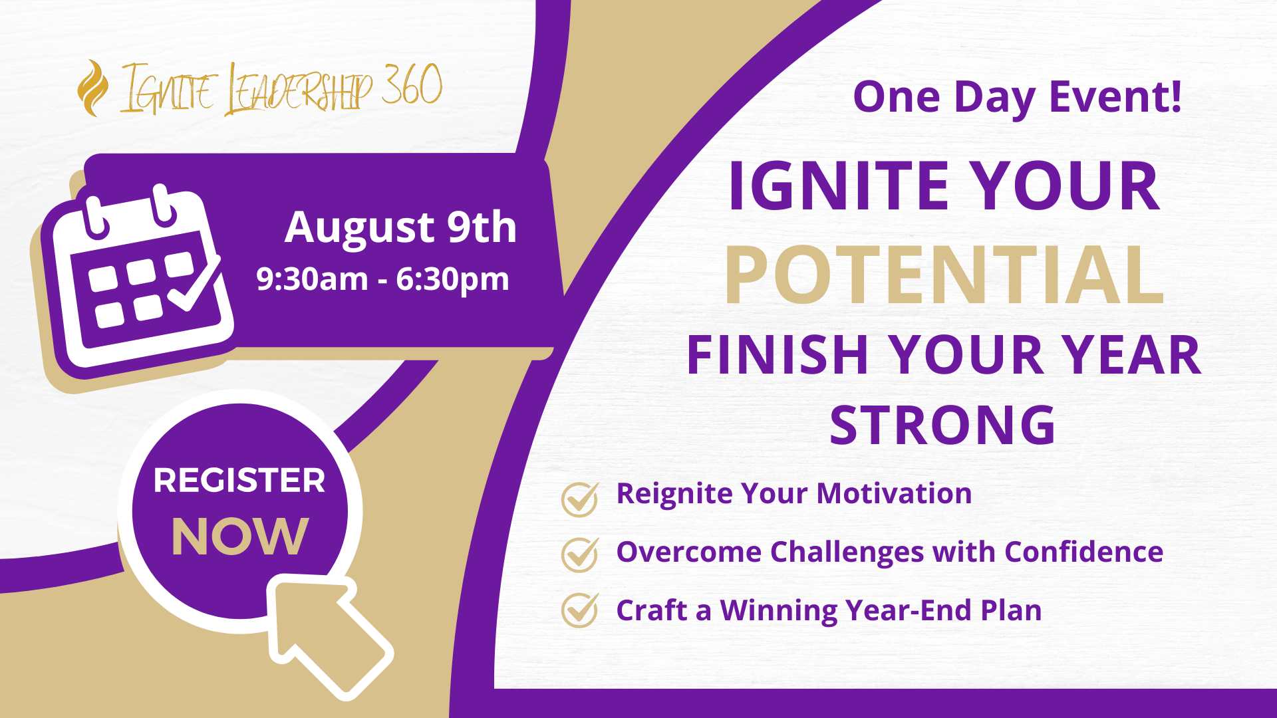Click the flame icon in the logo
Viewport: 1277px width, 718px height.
[x=92, y=88]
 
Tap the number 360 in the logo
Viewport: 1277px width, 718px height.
[x=412, y=85]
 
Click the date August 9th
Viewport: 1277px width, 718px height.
[x=400, y=227]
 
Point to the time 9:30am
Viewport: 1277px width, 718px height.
[x=312, y=279]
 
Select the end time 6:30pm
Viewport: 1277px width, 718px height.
[x=452, y=279]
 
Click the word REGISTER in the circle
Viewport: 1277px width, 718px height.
[x=239, y=480]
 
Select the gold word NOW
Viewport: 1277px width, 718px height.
[x=240, y=537]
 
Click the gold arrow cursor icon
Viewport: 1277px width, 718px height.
[x=326, y=632]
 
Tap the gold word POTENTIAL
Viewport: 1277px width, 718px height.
[x=944, y=275]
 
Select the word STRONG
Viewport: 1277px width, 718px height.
[x=942, y=425]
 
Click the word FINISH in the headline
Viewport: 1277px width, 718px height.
[x=778, y=356]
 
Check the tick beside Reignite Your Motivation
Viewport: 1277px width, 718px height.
[x=580, y=499]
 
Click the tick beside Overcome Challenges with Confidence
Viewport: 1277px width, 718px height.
[x=580, y=554]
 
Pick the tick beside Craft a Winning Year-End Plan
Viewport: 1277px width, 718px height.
[x=580, y=610]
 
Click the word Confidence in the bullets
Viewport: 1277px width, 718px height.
[x=1083, y=552]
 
